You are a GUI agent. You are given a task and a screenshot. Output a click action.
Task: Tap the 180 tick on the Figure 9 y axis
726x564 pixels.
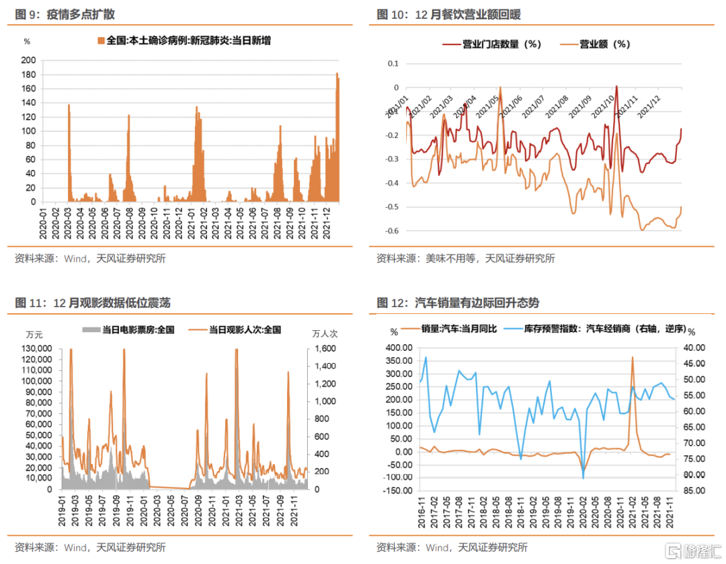(29, 74)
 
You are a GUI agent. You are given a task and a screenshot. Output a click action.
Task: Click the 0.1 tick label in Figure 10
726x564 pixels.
(393, 64)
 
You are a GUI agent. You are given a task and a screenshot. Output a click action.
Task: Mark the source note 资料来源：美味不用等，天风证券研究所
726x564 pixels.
(465, 258)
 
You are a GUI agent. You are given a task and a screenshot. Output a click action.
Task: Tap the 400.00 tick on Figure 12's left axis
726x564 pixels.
(397, 348)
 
